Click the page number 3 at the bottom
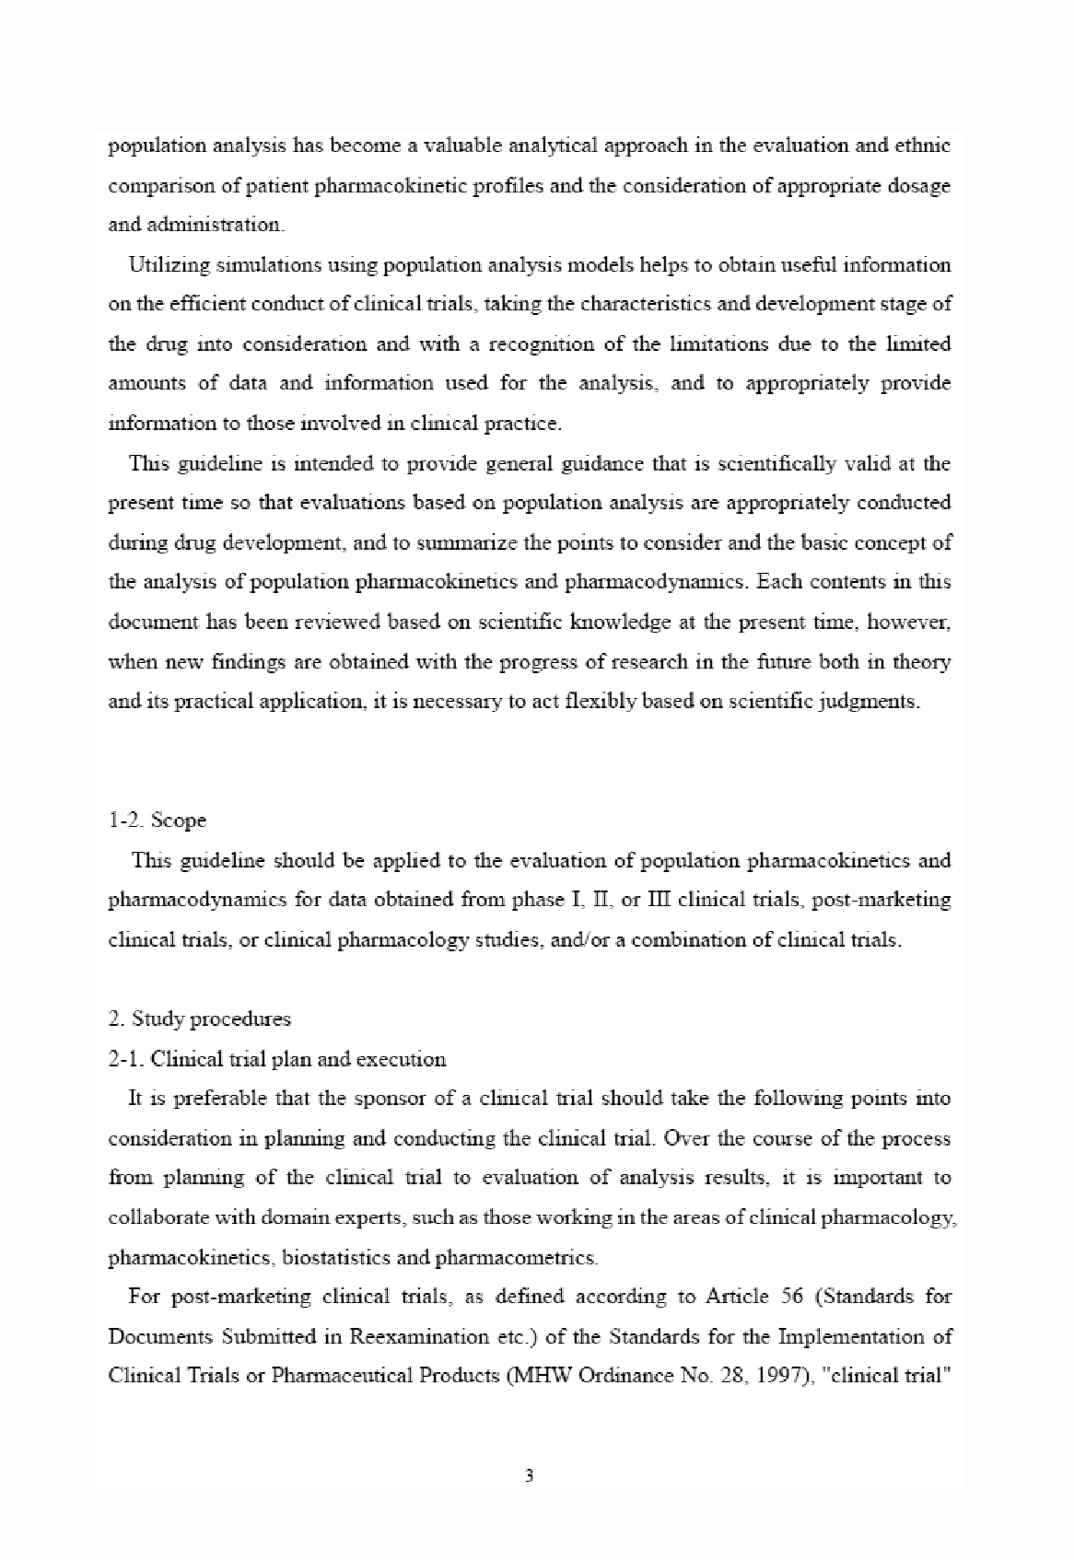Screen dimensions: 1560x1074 coord(529,1476)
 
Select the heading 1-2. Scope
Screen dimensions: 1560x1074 coord(157,820)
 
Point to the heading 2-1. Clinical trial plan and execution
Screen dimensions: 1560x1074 coord(276,1058)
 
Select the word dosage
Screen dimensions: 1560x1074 coord(921,185)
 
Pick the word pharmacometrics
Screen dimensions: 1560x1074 coord(516,1256)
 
